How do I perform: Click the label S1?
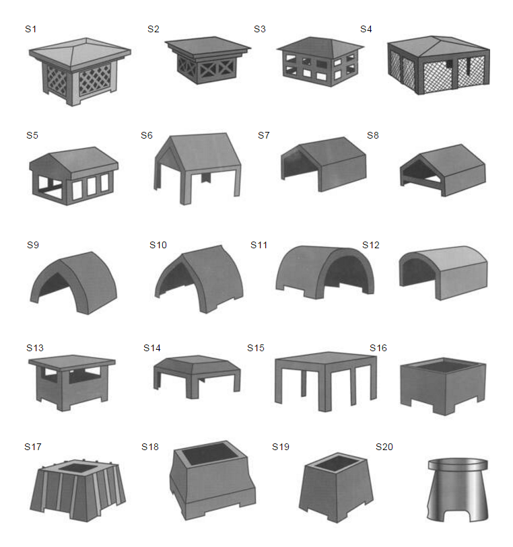(31, 29)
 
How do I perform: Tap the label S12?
(371, 245)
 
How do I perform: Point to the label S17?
(33, 447)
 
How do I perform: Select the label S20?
(384, 447)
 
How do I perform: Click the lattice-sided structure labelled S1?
(80, 71)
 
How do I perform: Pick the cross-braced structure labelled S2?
(207, 60)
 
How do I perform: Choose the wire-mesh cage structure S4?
(439, 65)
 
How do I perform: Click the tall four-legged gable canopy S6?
(197, 168)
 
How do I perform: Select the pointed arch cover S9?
(73, 283)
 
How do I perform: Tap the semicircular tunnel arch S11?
(324, 272)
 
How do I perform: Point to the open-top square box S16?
(443, 386)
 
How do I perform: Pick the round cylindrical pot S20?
(458, 490)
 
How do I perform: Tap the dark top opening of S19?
(337, 463)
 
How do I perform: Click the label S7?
(264, 135)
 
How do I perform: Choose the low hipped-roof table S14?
(197, 377)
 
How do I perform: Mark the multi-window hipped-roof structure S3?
(320, 62)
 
